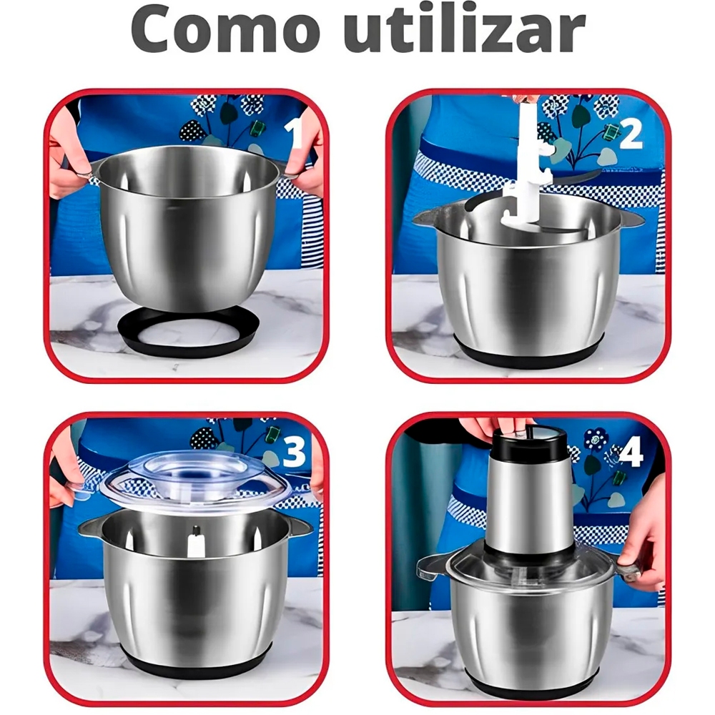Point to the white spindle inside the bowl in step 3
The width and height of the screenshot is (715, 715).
[x=194, y=542]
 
